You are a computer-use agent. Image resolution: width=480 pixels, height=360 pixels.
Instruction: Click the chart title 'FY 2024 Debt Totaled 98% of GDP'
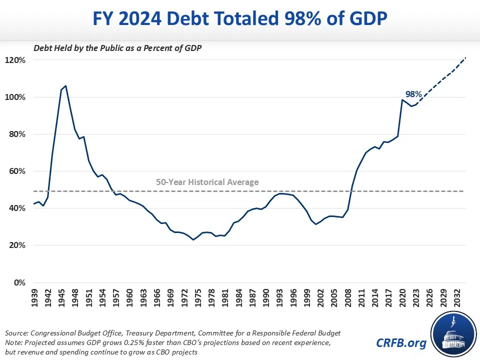pos(239,20)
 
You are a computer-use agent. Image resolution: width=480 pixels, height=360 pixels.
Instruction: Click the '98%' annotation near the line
pos(413,93)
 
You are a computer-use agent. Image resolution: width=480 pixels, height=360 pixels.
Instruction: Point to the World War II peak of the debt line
pos(65,86)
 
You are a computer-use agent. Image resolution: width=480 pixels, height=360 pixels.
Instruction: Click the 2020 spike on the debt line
pos(402,99)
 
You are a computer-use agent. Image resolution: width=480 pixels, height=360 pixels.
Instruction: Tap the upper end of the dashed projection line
pos(466,58)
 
